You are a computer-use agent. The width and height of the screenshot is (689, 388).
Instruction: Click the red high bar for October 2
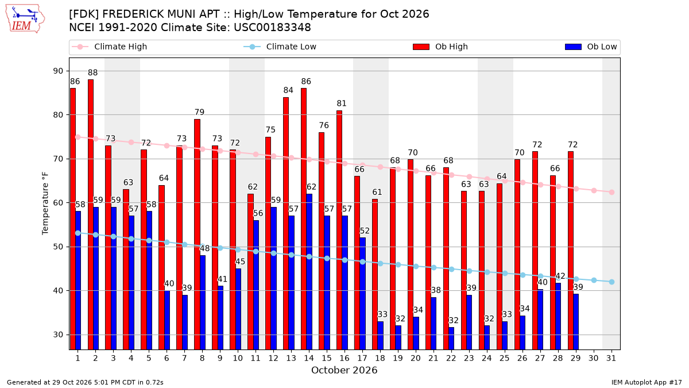coord(91,214)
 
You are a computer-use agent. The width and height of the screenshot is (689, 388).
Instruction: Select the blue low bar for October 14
coord(309,272)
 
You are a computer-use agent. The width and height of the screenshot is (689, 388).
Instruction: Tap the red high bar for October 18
coord(375,274)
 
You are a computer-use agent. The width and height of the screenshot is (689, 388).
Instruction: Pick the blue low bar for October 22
coord(451,339)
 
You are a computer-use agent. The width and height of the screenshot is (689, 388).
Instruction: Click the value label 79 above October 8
coord(200,112)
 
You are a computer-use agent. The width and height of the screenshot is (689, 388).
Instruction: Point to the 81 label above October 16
coord(342,103)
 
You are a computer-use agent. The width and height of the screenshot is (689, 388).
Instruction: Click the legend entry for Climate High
coord(110,47)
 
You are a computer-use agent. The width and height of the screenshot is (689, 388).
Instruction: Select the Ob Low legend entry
coord(591,47)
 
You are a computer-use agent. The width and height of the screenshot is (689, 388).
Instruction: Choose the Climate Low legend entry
coord(280,47)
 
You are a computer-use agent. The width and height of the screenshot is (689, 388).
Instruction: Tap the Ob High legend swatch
coord(421,47)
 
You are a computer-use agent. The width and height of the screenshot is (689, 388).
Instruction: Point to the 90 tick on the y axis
coord(58,71)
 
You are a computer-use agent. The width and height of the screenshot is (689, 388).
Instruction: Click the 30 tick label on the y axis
coord(58,335)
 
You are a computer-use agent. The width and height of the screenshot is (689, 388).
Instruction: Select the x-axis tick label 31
coord(611,359)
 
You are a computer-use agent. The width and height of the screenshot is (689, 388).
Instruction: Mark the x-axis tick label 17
coord(362,359)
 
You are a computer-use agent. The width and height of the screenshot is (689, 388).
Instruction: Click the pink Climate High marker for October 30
coord(594,191)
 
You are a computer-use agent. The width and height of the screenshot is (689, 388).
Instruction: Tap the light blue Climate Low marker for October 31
coord(612,282)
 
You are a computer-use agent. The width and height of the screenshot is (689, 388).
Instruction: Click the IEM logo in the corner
coord(25,19)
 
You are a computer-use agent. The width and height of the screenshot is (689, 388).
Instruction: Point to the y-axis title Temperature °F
coord(45,203)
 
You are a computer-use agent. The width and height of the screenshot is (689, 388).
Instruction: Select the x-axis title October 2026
coord(344,370)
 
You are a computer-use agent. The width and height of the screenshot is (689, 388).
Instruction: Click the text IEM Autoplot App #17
coord(647,382)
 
